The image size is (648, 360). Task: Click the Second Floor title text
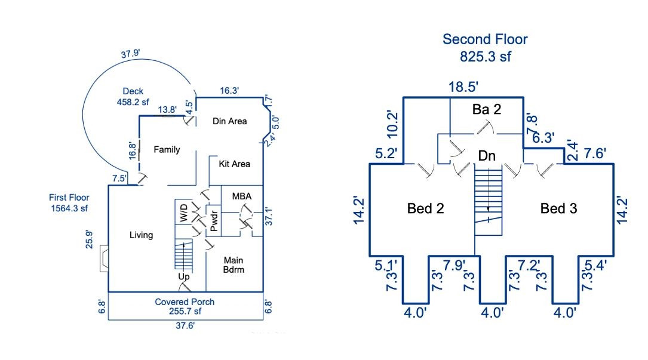pyautogui.click(x=485, y=40)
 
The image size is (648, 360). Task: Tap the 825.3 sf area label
pyautogui.click(x=485, y=57)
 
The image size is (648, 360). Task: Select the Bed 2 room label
pyautogui.click(x=425, y=208)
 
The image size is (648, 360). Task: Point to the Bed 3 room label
pyautogui.click(x=558, y=208)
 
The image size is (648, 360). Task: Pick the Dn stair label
pyautogui.click(x=486, y=156)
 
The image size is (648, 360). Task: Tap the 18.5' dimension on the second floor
pyautogui.click(x=463, y=87)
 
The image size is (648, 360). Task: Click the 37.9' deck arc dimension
pyautogui.click(x=130, y=54)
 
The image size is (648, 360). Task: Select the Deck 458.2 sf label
pyautogui.click(x=133, y=97)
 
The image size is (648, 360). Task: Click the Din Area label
pyautogui.click(x=230, y=121)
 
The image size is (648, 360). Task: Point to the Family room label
pyautogui.click(x=167, y=149)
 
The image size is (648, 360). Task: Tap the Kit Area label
pyautogui.click(x=234, y=164)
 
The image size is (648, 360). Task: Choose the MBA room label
pyautogui.click(x=241, y=196)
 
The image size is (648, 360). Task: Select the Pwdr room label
pyautogui.click(x=213, y=220)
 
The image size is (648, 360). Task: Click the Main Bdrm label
pyautogui.click(x=234, y=264)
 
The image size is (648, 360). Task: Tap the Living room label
pyautogui.click(x=141, y=235)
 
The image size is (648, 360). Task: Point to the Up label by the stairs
pyautogui.click(x=183, y=277)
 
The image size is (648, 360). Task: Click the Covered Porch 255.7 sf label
pyautogui.click(x=185, y=306)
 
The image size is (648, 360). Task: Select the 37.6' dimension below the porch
pyautogui.click(x=185, y=325)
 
